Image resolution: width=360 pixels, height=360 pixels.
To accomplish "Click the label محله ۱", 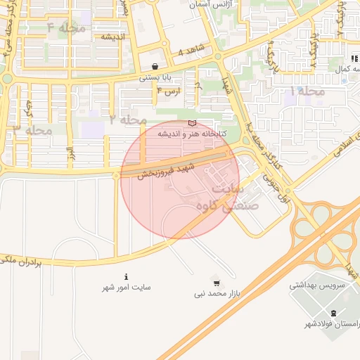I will [x=308, y=91].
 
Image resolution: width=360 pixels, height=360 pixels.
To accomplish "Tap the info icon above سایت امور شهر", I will [x=127, y=276].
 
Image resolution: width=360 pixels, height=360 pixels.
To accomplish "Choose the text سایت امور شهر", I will [x=127, y=288].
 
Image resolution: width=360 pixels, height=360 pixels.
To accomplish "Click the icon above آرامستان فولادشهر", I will [x=333, y=313].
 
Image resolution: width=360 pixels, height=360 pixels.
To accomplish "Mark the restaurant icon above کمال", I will [x=354, y=58].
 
